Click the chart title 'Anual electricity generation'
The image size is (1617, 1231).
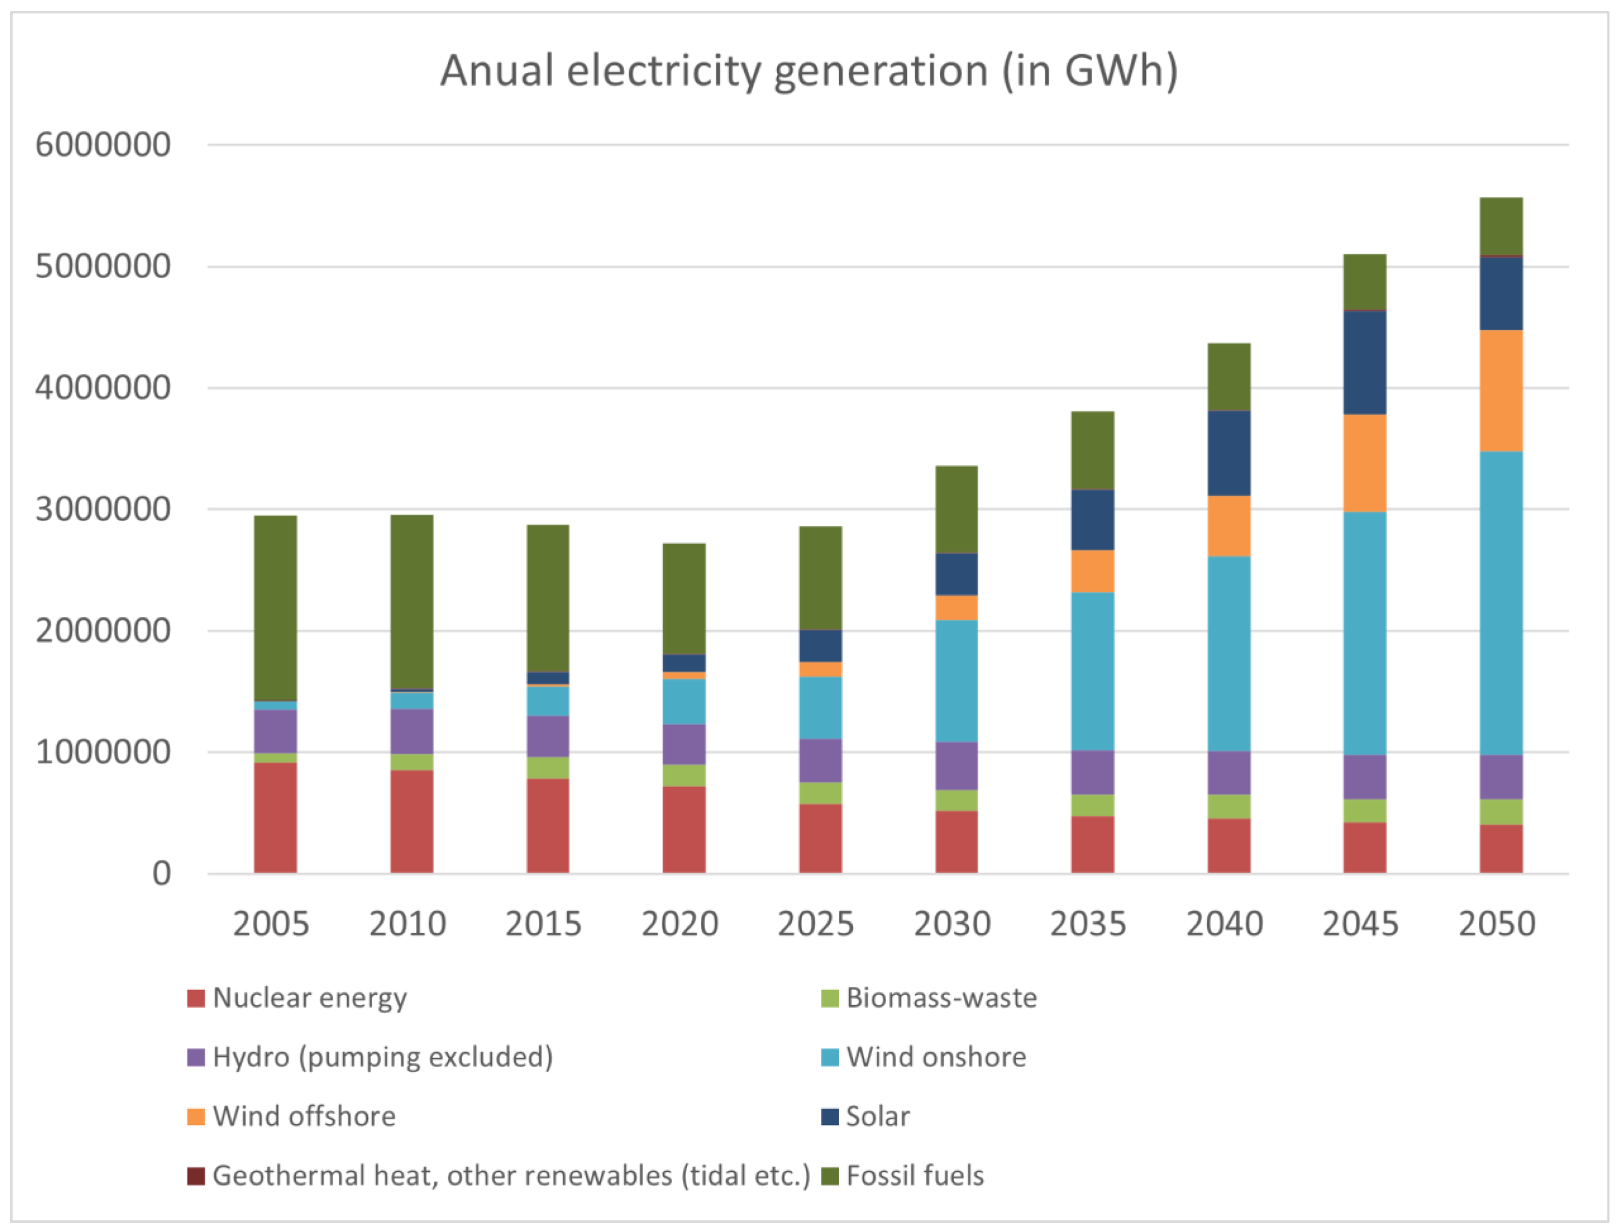[x=808, y=71]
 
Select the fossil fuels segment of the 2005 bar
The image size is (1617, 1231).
[x=275, y=608]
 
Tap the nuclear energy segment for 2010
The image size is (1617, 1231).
[x=412, y=821]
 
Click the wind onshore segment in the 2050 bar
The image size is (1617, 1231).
[x=1501, y=602]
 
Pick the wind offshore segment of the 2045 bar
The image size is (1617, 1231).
[x=1365, y=463]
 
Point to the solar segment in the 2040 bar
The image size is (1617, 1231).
[x=1229, y=453]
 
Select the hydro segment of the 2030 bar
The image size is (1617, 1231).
[x=956, y=765]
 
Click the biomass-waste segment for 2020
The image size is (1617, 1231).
[x=684, y=775]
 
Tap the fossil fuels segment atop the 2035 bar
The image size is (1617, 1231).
[x=1092, y=450]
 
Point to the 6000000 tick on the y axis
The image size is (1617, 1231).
[x=102, y=145]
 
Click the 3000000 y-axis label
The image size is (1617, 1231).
[x=102, y=508]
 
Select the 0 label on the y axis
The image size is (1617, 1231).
[x=161, y=873]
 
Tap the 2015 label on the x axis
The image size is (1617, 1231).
[x=543, y=924]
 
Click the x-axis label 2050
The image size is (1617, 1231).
[x=1496, y=924]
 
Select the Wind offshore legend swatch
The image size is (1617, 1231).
[x=196, y=1116]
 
